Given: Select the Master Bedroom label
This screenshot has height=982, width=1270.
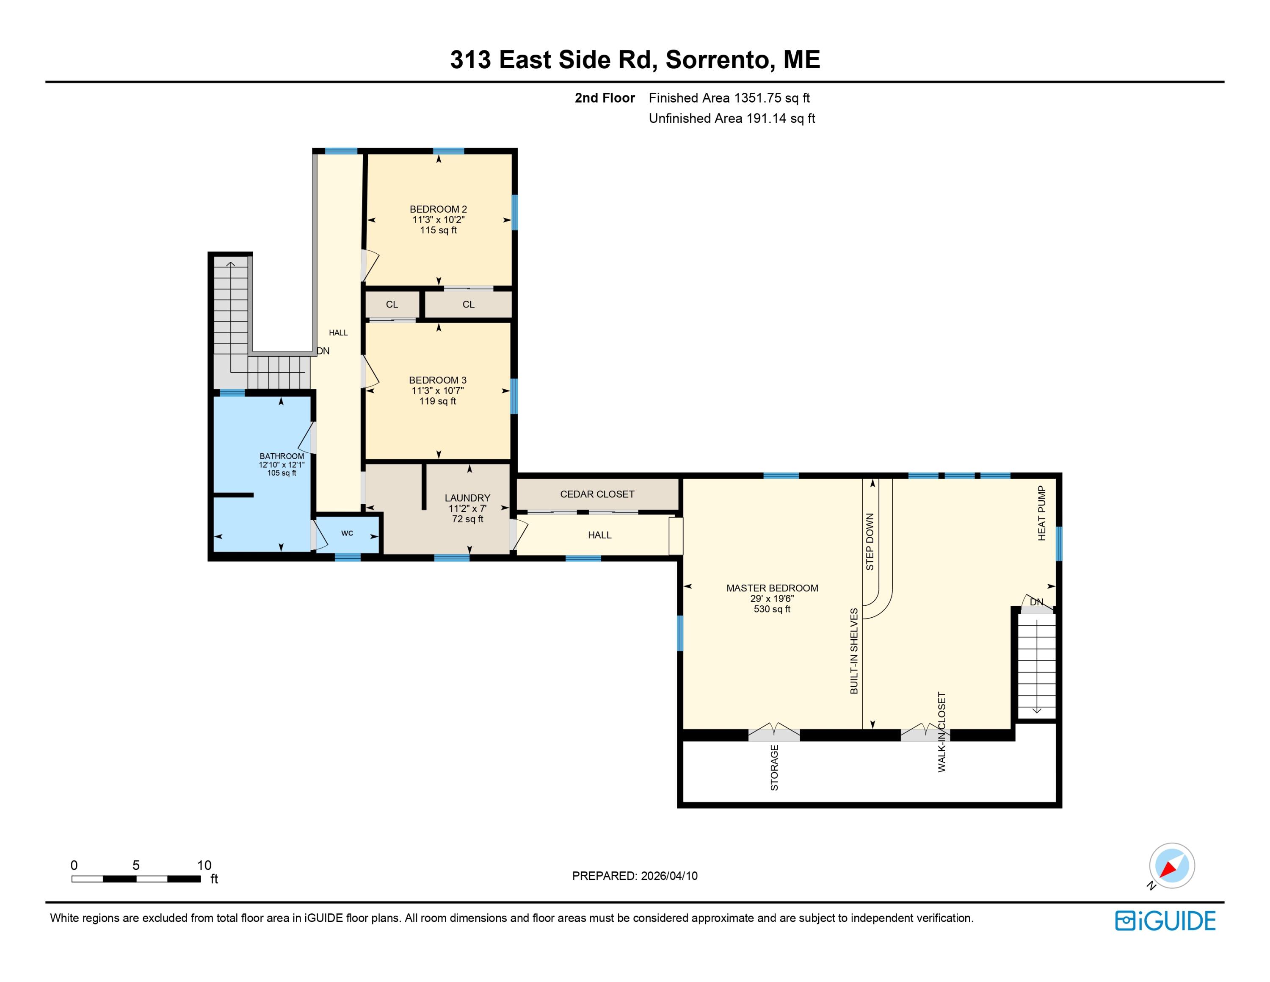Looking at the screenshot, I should (772, 588).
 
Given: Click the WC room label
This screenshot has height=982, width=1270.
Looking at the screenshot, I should (347, 533).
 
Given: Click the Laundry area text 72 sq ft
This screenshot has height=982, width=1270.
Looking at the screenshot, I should (467, 519).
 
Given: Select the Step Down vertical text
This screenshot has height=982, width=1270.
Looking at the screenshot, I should (870, 541).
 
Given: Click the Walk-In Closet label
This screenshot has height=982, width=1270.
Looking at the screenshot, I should (942, 732).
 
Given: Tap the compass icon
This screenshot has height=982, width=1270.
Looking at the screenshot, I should (1172, 865).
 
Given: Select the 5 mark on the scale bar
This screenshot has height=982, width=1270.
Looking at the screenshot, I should (136, 865).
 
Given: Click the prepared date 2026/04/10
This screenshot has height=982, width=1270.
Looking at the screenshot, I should (669, 876).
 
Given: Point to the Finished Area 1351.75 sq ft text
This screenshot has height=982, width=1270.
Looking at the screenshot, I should (729, 98).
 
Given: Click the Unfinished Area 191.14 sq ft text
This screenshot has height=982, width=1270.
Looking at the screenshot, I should (732, 118).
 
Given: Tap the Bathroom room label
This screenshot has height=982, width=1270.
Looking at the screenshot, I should (282, 456).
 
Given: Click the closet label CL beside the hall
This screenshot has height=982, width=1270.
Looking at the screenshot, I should (392, 304).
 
